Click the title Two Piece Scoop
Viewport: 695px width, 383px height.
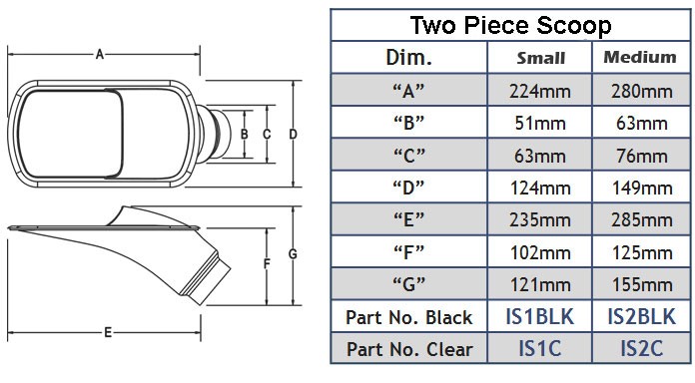510,25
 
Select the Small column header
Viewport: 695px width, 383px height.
541,58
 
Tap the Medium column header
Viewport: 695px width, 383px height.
640,57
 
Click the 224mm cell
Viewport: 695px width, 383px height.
540,92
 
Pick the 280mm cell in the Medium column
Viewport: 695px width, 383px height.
642,92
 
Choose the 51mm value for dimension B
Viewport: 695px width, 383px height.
540,124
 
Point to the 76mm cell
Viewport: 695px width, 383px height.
642,156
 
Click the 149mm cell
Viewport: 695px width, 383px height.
642,189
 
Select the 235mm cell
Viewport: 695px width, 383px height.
540,220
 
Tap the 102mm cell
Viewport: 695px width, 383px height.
540,252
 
